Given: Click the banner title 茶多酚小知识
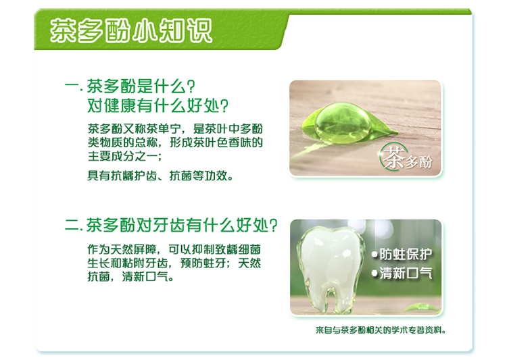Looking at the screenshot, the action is [x=131, y=30].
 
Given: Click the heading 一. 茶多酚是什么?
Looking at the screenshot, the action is [x=130, y=86].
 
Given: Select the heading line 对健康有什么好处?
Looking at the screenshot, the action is [x=158, y=105].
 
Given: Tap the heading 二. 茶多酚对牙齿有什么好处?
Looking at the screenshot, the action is [x=171, y=225].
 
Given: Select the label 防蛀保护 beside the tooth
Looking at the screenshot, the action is [x=406, y=254].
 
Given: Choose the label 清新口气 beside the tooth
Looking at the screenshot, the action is [x=406, y=273].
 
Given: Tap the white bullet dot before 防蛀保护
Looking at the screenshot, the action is [x=375, y=255].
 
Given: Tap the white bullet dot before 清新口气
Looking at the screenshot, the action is [x=375, y=274].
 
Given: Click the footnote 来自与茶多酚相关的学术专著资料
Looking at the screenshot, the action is [x=381, y=330].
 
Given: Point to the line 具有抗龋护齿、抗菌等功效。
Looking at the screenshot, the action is [x=160, y=176].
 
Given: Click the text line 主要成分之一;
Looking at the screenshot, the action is [x=125, y=156].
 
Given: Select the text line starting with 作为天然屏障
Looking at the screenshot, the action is [x=174, y=249].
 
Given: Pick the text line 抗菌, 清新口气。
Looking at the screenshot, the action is [x=130, y=277].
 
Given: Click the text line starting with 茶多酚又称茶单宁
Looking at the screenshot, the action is [x=175, y=128].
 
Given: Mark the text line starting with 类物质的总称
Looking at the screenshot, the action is [x=175, y=143].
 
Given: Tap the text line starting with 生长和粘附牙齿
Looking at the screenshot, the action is [x=174, y=263].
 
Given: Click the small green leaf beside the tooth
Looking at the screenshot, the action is [x=421, y=307].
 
